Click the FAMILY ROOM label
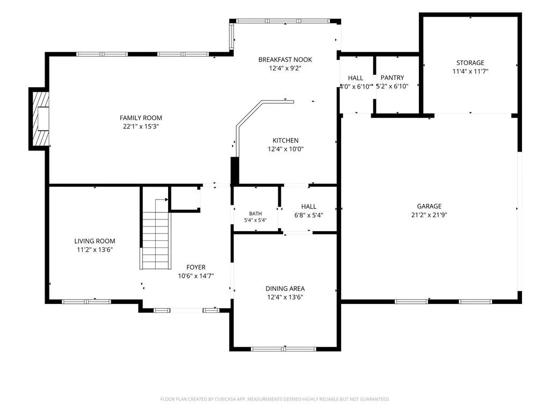[x=141, y=118]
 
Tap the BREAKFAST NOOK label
[x=285, y=60]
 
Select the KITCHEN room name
[x=286, y=140]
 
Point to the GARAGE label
[x=429, y=206]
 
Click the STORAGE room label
[x=471, y=63]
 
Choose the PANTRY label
[x=392, y=77]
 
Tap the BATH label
[x=255, y=213]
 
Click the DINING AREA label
[x=285, y=289]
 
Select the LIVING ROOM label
[x=95, y=241]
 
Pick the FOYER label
[x=196, y=267]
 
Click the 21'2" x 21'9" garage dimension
[x=429, y=215]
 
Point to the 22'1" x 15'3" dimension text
[x=141, y=126]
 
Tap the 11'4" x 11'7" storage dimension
[x=471, y=72]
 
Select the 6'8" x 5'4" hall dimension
[x=309, y=215]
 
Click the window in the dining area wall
[x=284, y=349]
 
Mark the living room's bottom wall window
[x=86, y=302]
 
